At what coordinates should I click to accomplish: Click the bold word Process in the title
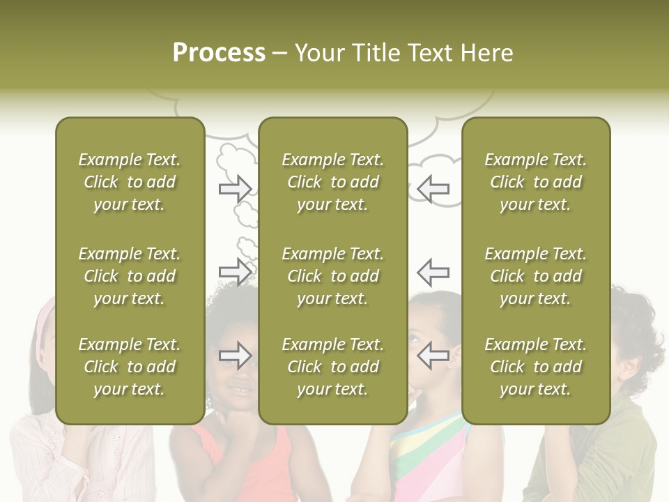pyautogui.click(x=219, y=52)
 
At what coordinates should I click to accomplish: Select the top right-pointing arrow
pyautogui.click(x=236, y=188)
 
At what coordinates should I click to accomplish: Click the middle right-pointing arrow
pyautogui.click(x=236, y=271)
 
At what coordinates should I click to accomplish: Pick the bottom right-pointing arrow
pyautogui.click(x=236, y=356)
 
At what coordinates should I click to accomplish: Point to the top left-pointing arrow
pyautogui.click(x=433, y=188)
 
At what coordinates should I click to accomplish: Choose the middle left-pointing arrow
pyautogui.click(x=433, y=271)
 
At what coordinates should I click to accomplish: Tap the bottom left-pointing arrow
pyautogui.click(x=433, y=356)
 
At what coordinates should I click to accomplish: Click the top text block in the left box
pyautogui.click(x=130, y=182)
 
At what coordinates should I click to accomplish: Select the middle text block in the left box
pyautogui.click(x=130, y=276)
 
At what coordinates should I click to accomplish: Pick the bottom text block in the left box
pyautogui.click(x=130, y=367)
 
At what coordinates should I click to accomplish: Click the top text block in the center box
pyautogui.click(x=332, y=182)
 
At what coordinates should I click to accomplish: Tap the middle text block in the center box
pyautogui.click(x=332, y=276)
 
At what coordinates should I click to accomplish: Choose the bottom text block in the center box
pyautogui.click(x=332, y=367)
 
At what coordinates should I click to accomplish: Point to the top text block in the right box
pyautogui.click(x=536, y=182)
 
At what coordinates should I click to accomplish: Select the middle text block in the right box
pyautogui.click(x=536, y=276)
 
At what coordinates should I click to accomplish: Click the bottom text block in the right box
pyautogui.click(x=536, y=367)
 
